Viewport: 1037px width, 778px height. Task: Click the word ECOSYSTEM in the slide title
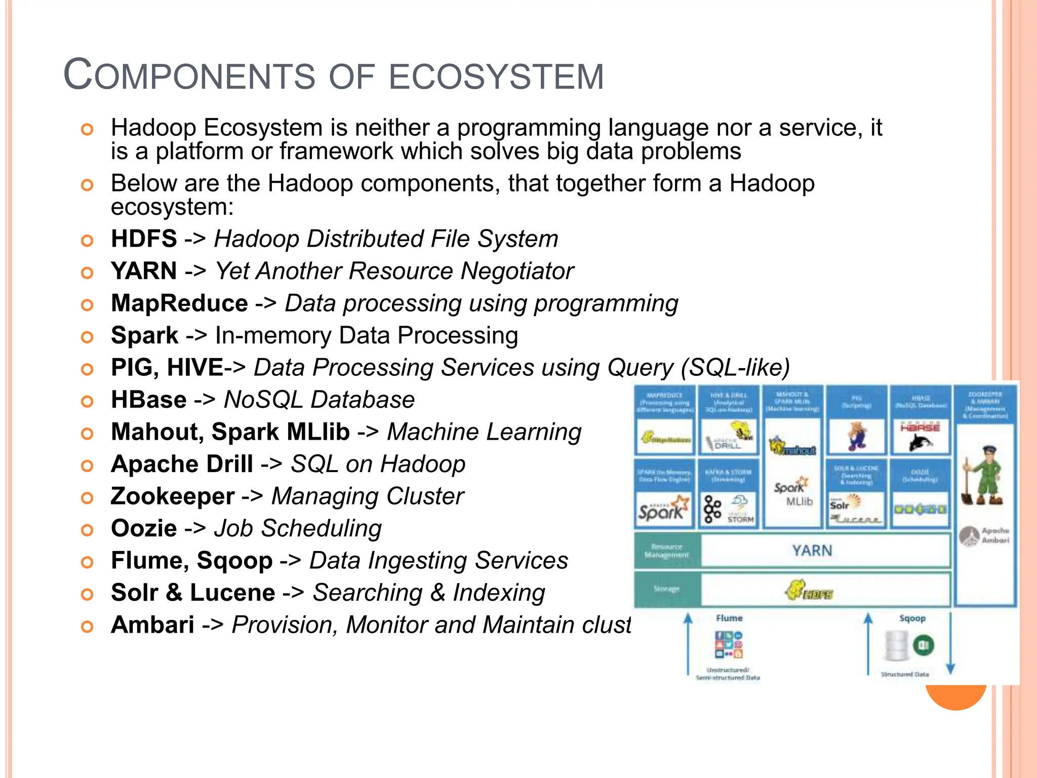[496, 77]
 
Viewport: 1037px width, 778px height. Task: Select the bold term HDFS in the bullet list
[144, 239]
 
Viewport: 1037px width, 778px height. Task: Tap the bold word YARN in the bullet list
[144, 271]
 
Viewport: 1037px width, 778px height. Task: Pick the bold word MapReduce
[179, 303]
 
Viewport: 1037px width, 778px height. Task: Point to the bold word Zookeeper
[173, 496]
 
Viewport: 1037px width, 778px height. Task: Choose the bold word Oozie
[144, 529]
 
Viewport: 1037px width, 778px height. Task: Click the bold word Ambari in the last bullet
[152, 625]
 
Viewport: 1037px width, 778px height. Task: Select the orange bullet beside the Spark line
[87, 337]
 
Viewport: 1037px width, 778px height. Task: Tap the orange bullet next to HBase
[87, 401]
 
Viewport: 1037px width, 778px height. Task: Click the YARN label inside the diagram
[812, 551]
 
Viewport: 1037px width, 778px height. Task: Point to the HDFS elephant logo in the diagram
[809, 590]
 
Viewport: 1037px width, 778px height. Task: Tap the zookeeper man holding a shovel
[982, 476]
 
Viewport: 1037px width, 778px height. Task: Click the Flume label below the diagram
[729, 618]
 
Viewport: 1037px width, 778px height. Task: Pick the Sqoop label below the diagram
[912, 618]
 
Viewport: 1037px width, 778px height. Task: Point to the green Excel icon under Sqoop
[923, 646]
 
